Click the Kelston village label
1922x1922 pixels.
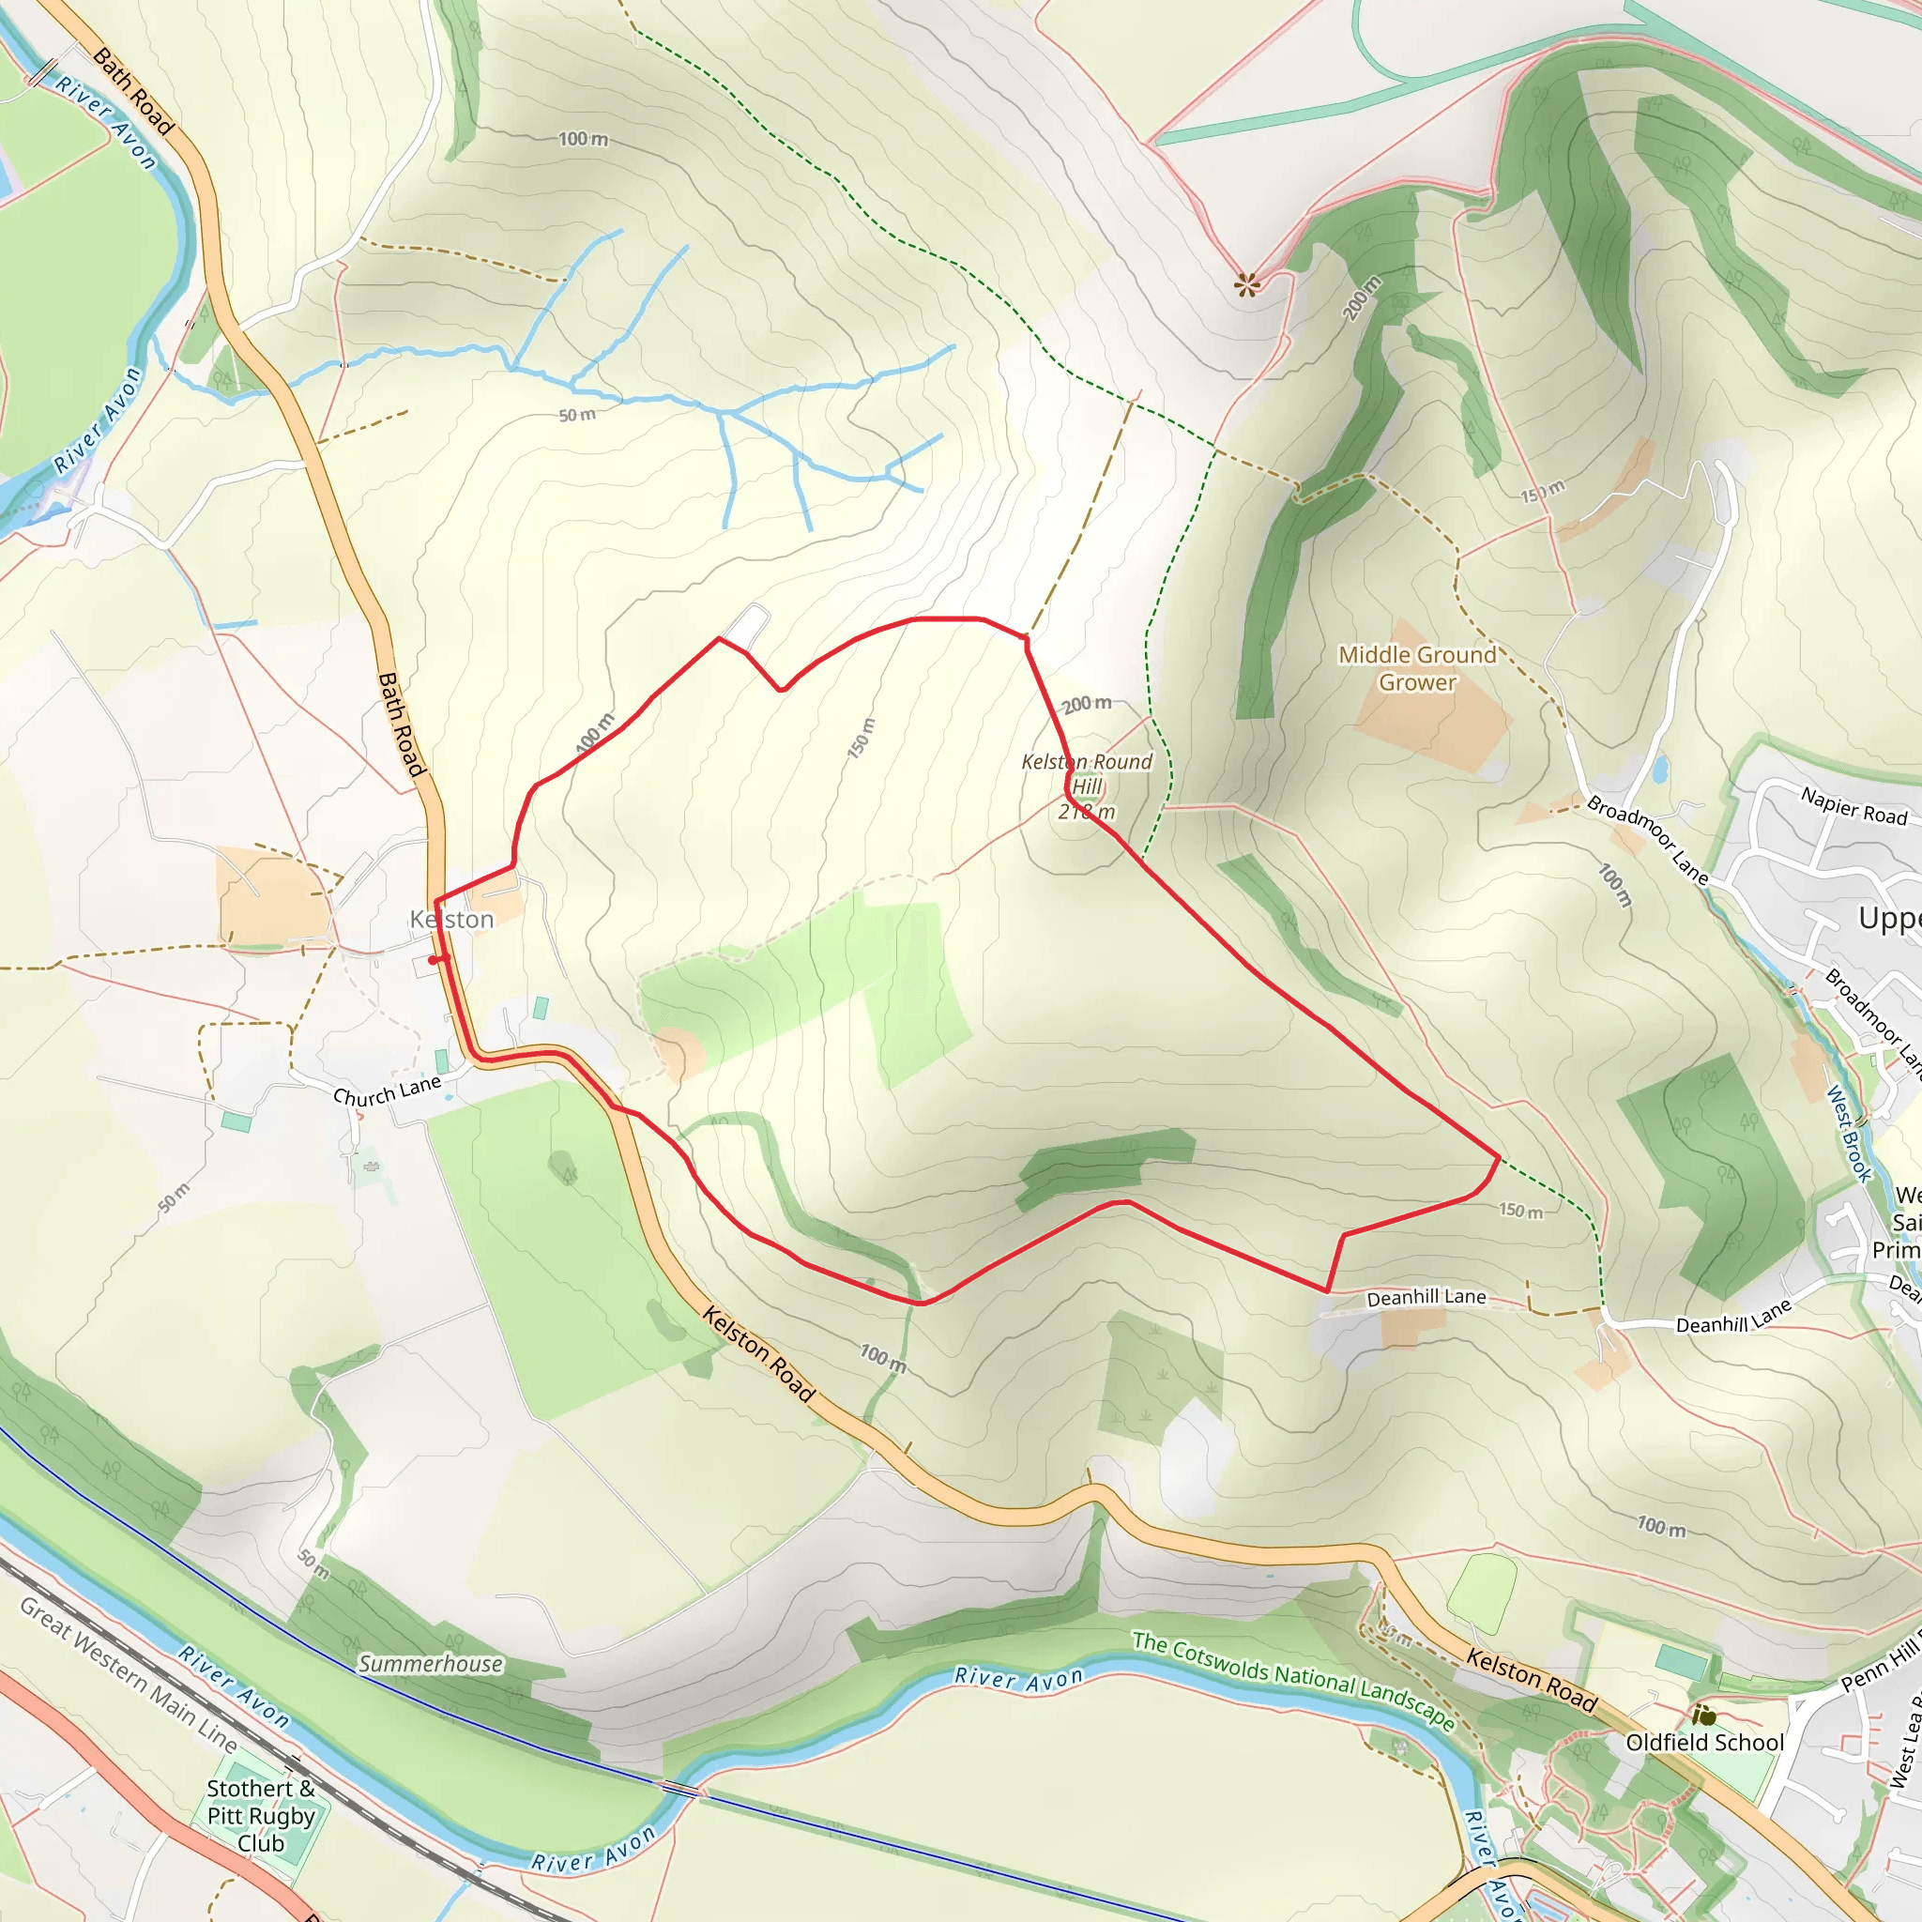[x=451, y=919]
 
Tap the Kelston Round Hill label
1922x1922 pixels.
[x=1087, y=774]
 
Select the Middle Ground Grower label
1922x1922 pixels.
[x=1416, y=668]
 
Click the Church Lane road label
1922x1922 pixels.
[x=387, y=1091]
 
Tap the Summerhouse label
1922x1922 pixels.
[x=431, y=1664]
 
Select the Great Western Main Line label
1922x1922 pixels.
[x=130, y=1673]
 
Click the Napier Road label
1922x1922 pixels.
[x=1853, y=806]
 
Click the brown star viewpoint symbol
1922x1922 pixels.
[x=1246, y=285]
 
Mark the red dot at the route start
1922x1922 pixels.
[x=433, y=960]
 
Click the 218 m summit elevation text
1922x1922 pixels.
[x=1087, y=813]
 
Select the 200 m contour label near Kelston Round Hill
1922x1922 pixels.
[x=1087, y=705]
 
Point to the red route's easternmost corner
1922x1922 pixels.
[x=1498, y=1157]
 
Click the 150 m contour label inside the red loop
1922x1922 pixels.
[x=862, y=739]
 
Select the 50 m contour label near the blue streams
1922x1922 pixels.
[x=577, y=415]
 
